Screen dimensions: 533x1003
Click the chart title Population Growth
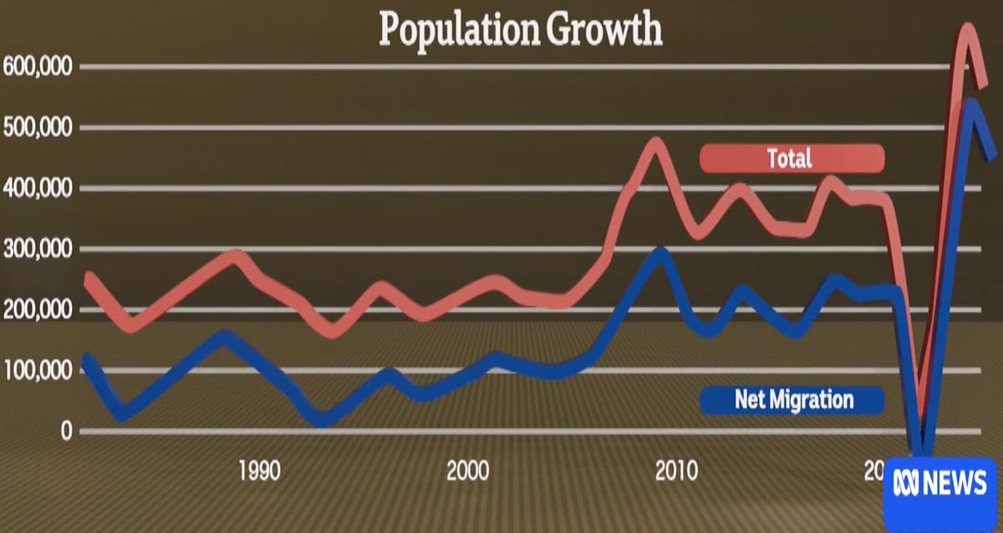coord(520,30)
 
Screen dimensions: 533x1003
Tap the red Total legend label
coord(791,158)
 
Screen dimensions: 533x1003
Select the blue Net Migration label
coord(793,399)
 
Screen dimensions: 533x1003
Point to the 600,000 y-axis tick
coord(38,67)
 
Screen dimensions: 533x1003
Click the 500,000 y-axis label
coord(38,128)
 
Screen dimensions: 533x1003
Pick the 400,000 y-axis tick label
coord(38,189)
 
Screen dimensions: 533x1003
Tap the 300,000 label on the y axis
coord(38,250)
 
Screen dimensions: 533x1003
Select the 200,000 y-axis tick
coord(38,310)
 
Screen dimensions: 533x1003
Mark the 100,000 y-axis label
coord(38,371)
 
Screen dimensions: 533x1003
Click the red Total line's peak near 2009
coord(656,144)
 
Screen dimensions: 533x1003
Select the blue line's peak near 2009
coord(660,252)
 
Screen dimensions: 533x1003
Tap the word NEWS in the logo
coord(956,484)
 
